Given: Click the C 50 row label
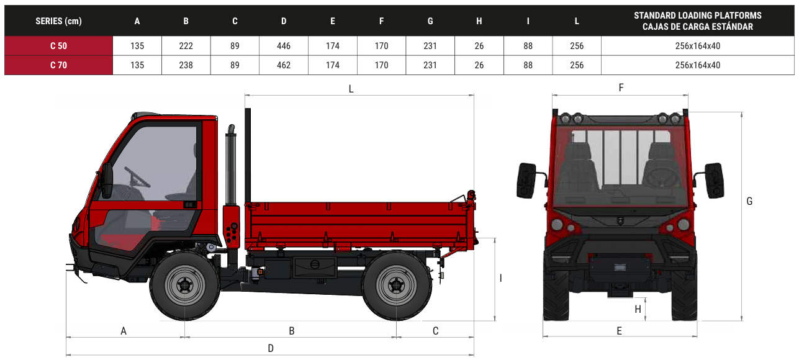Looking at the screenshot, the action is [58, 46].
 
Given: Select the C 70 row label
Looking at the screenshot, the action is [58, 65].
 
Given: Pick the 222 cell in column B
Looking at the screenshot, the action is [186, 46].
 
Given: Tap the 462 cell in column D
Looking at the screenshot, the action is [284, 65].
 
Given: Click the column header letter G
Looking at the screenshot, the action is [430, 21].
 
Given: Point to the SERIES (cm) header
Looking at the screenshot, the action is [58, 21].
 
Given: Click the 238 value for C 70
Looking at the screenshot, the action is [186, 65].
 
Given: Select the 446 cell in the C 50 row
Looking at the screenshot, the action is [284, 46].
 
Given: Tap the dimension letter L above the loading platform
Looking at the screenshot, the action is [351, 89].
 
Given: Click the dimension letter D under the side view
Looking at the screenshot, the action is [271, 348].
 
